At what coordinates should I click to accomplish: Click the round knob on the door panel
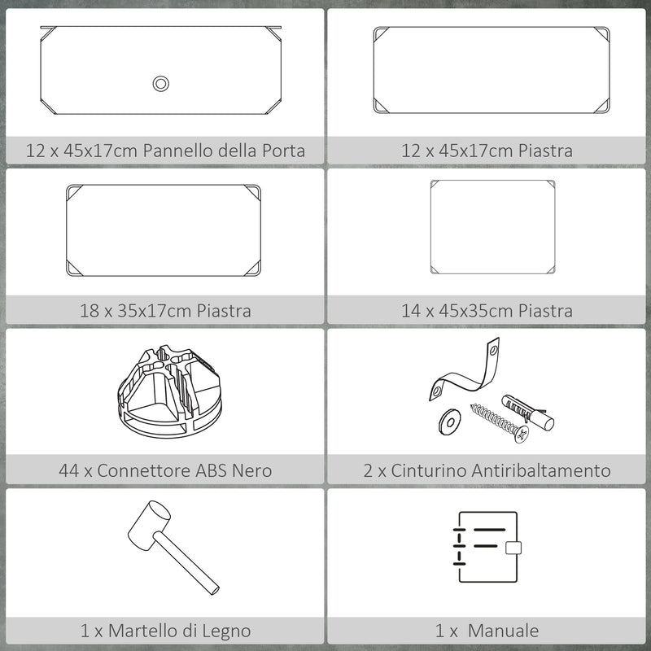tap(160, 84)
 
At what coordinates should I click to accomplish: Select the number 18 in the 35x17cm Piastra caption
tap(90, 311)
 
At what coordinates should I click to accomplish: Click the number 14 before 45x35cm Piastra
tap(411, 311)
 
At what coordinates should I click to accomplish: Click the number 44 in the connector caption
tap(68, 470)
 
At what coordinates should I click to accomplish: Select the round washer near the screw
tap(449, 422)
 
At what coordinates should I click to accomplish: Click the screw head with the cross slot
tap(522, 435)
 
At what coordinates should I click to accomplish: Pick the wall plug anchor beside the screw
tap(527, 413)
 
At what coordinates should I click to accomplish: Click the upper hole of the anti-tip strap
tap(493, 351)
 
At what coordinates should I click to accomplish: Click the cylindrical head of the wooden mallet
tap(150, 526)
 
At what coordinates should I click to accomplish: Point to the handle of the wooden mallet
tap(186, 563)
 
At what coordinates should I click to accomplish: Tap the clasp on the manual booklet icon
tap(513, 548)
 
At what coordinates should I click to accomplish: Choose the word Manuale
tap(503, 631)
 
